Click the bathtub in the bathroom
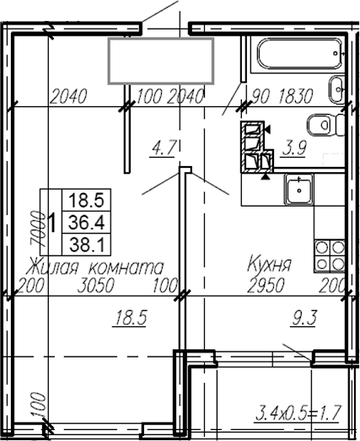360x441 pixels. click(295, 62)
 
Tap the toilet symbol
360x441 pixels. click(322, 125)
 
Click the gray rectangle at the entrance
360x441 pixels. click(158, 59)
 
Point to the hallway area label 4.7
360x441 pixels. click(162, 149)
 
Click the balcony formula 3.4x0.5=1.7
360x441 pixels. click(296, 413)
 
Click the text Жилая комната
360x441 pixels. click(94, 266)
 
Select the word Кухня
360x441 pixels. click(268, 266)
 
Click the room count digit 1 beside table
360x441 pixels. click(53, 223)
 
